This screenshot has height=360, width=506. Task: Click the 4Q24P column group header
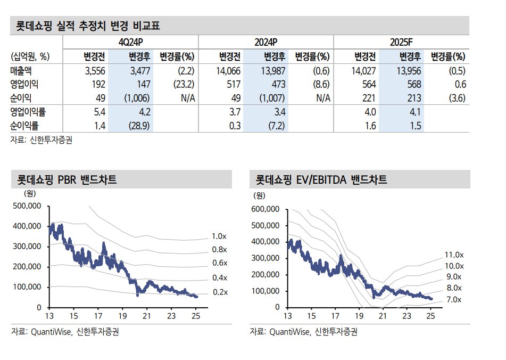(x=130, y=42)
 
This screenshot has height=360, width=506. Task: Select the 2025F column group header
(x=401, y=42)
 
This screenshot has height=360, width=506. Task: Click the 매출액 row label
(x=21, y=71)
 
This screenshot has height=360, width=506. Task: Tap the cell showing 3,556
(x=95, y=71)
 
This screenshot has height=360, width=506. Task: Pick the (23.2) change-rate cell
(x=183, y=84)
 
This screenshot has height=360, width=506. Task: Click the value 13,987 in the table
(x=274, y=71)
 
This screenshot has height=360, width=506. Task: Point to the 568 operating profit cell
(x=414, y=84)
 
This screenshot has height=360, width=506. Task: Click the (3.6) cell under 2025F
(x=455, y=98)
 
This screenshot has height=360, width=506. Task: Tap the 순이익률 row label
(x=24, y=126)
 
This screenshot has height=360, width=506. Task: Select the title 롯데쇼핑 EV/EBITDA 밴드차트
(x=321, y=179)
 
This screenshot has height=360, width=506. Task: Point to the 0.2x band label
(x=220, y=292)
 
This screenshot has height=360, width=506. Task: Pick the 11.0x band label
(x=454, y=255)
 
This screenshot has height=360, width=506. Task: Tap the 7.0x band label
(x=453, y=300)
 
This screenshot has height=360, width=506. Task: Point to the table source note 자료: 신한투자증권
(x=42, y=140)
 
